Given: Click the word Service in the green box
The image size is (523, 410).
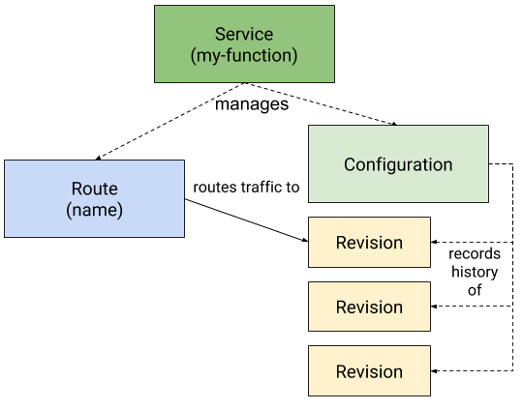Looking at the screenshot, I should tap(244, 35).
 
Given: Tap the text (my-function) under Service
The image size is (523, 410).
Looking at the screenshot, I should tap(244, 55).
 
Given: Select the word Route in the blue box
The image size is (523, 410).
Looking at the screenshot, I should tap(94, 189).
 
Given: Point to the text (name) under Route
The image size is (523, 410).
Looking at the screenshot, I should tap(94, 209).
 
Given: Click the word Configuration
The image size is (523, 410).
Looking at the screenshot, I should tap(398, 164).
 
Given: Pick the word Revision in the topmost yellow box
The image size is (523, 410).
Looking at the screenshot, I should tap(369, 243).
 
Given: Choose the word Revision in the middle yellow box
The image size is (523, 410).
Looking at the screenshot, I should tap(369, 307).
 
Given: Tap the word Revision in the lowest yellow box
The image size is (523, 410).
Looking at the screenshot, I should tap(369, 372).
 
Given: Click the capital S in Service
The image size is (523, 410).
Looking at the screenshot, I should tap(220, 35).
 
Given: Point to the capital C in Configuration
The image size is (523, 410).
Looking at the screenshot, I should tap(350, 164).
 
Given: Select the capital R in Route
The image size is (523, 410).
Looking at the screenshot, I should tap(77, 189).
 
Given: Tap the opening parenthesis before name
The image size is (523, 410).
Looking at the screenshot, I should tap(69, 210).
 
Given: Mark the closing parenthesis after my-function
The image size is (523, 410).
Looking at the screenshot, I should tap(293, 55).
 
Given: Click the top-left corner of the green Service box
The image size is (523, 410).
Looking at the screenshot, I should tap(156, 7).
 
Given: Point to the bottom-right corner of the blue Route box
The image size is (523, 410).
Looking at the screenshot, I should tap(183, 236).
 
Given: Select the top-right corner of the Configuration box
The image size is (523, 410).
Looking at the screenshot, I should tap(487, 127).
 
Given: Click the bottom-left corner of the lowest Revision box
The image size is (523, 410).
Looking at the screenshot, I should tap(310, 395).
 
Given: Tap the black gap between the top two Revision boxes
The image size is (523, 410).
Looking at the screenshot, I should tap(369, 275).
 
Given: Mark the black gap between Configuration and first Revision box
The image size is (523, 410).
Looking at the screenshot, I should tap(369, 210).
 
